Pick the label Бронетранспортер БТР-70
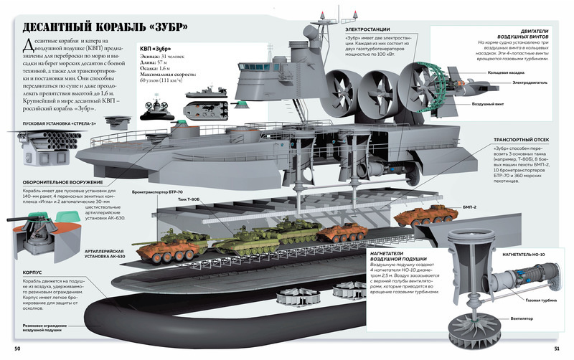[158, 194]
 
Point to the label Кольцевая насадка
[507, 72]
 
